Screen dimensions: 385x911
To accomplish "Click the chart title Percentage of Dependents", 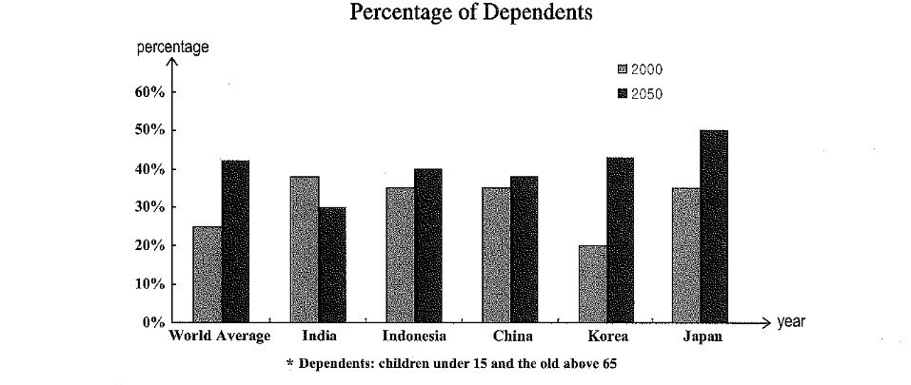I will pyautogui.click(x=460, y=13).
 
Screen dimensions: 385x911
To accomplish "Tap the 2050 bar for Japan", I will pyautogui.click(x=713, y=227).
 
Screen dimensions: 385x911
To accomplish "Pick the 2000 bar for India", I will pyautogui.click(x=305, y=249).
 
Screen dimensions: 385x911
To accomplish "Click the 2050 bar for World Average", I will pyautogui.click(x=235, y=241).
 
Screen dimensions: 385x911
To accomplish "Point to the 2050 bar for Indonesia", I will pyautogui.click(x=428, y=246).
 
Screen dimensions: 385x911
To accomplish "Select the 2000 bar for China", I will pyautogui.click(x=496, y=255).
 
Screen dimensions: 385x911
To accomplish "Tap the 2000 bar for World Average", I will pyautogui.click(x=207, y=275).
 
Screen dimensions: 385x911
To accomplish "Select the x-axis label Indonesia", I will pyautogui.click(x=414, y=337).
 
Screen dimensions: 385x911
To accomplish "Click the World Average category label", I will pyautogui.click(x=221, y=337).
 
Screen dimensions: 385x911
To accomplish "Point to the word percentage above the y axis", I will pyautogui.click(x=173, y=48).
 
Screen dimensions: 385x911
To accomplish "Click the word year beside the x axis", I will pyautogui.click(x=791, y=322).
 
